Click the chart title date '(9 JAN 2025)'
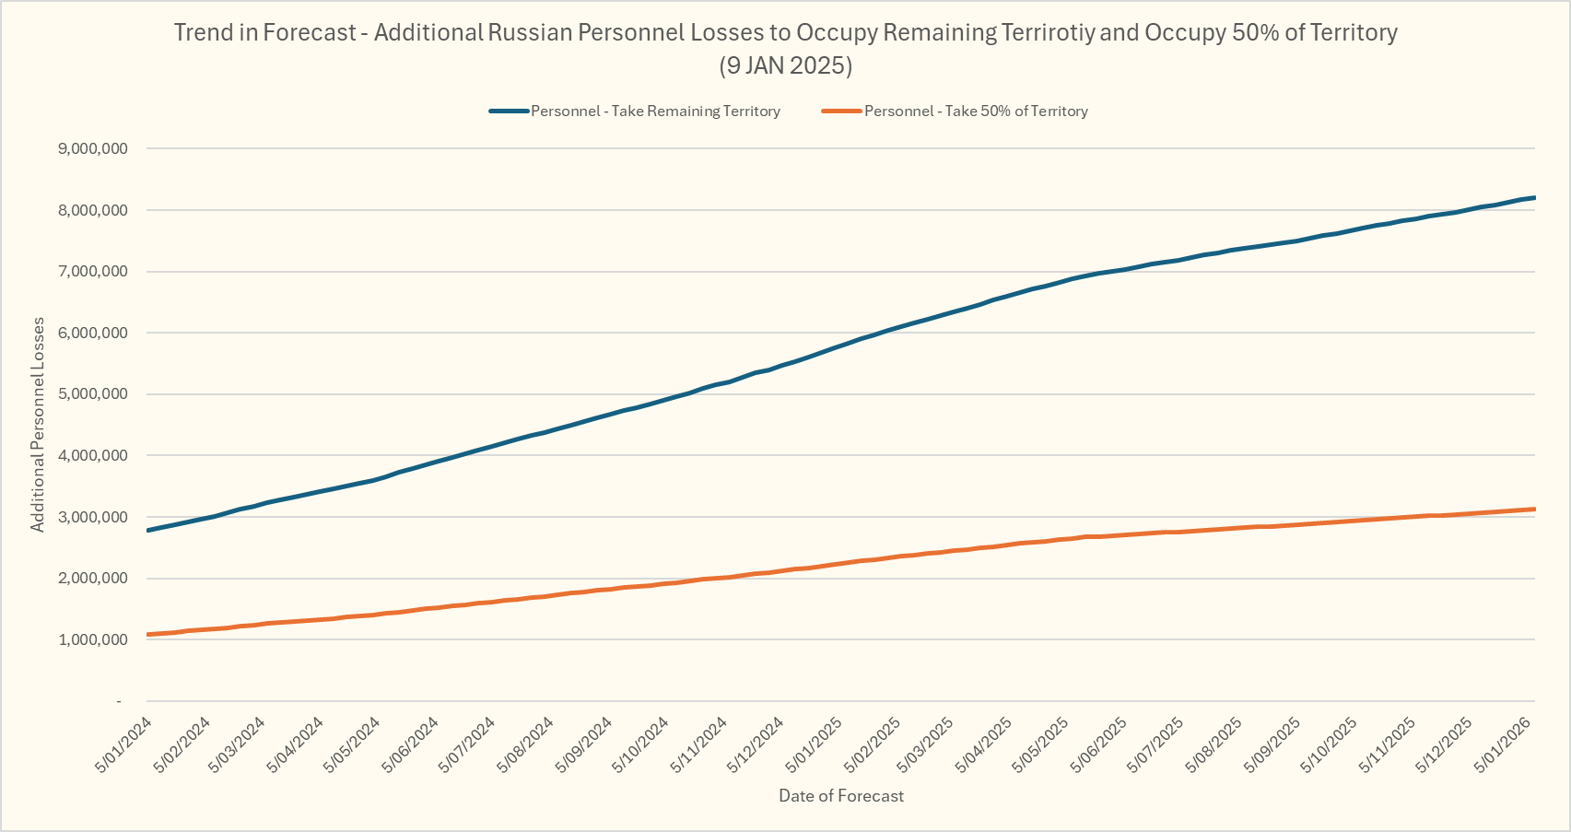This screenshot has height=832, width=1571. point(785,66)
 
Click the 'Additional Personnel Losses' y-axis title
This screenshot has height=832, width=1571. point(38,425)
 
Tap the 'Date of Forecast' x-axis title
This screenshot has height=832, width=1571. point(841,796)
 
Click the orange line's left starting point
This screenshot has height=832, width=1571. point(148,635)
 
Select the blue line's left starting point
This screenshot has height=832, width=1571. point(148,531)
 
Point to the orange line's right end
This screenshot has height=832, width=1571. point(1534,509)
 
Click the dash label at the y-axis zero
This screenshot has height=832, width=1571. point(119,702)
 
